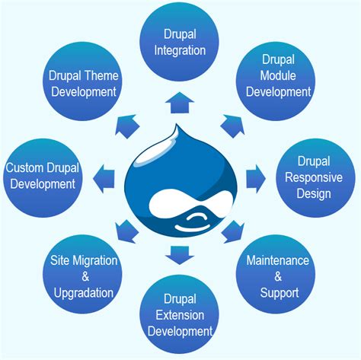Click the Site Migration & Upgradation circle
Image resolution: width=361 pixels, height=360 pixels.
(84, 276)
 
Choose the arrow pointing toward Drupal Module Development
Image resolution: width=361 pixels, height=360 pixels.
(231, 123)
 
